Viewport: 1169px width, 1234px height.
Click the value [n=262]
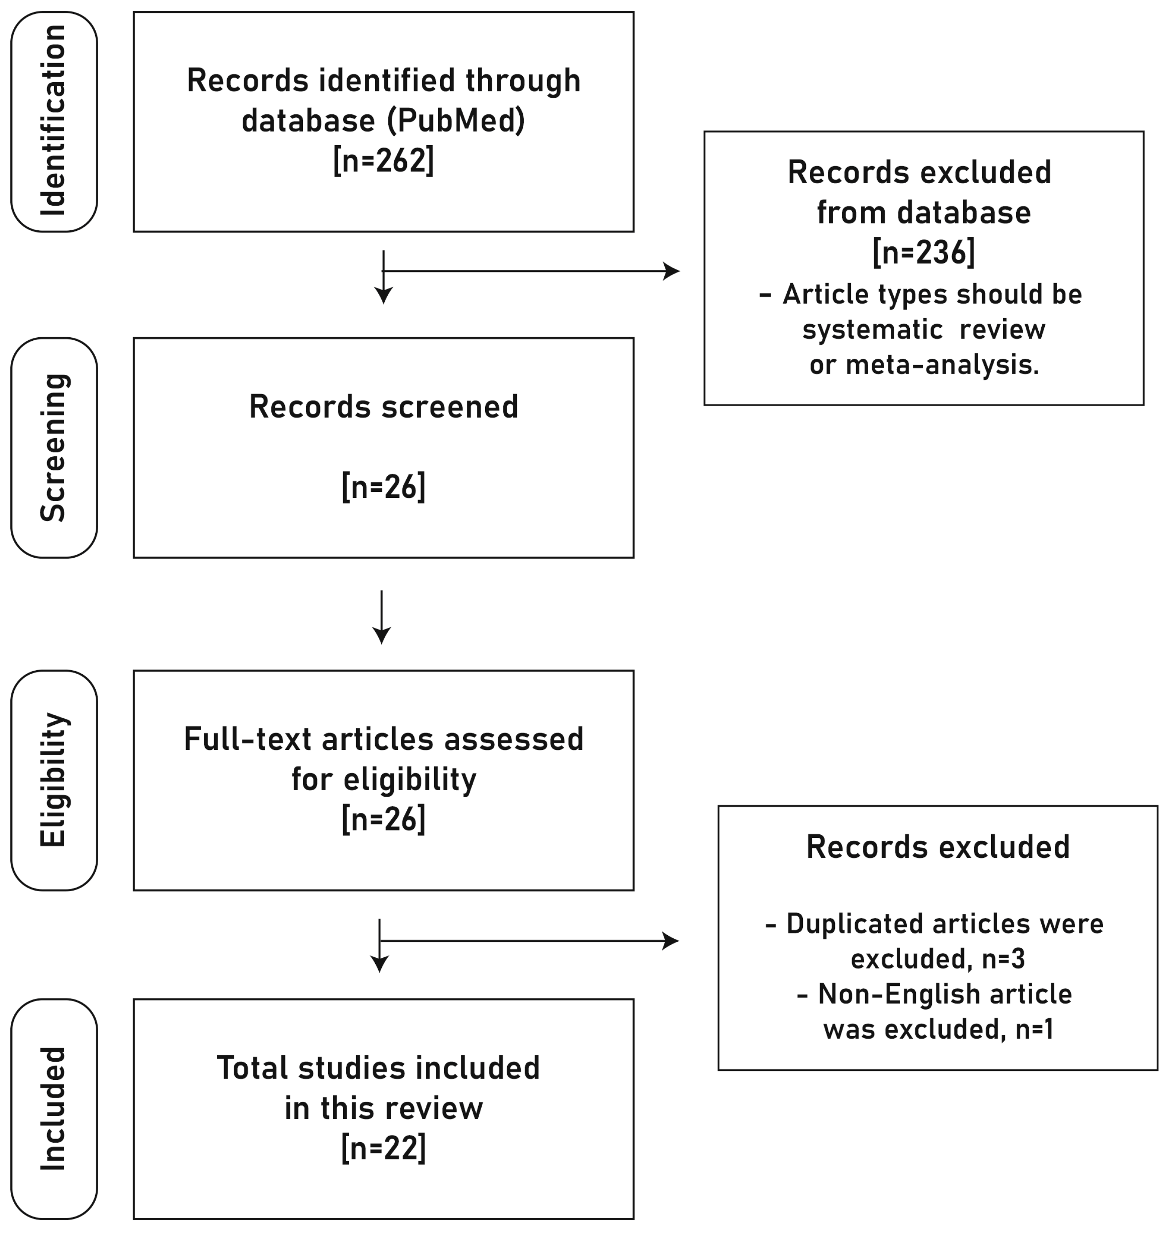click(383, 161)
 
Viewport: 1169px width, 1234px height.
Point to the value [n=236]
click(924, 252)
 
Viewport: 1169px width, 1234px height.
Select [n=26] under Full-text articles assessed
click(383, 819)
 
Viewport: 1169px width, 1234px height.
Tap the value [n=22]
click(383, 1148)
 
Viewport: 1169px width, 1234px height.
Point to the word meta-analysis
click(942, 365)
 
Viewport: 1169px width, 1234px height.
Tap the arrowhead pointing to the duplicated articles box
click(671, 941)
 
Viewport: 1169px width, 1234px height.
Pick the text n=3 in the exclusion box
click(1003, 959)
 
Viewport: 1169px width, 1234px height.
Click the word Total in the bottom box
click(252, 1068)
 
